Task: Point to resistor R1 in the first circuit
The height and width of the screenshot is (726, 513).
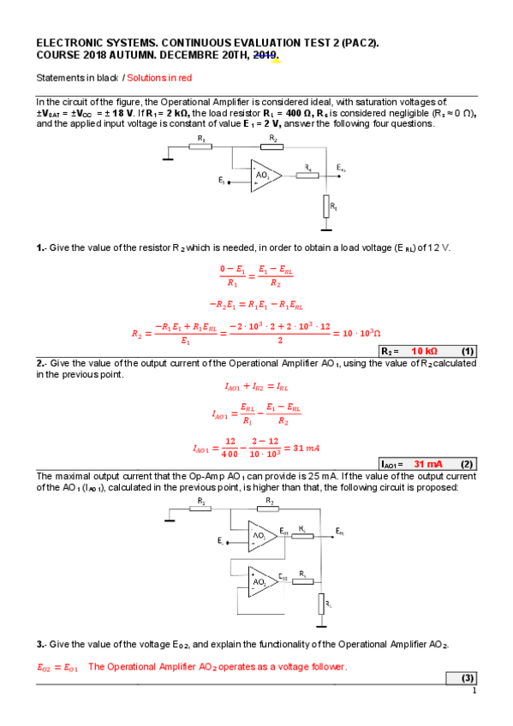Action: pos(200,146)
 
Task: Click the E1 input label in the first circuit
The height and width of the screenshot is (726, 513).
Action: pos(222,181)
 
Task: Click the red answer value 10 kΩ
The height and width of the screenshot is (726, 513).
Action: pos(425,351)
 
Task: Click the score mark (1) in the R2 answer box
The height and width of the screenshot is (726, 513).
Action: pos(467,351)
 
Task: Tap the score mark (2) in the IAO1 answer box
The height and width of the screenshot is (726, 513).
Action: pos(467,463)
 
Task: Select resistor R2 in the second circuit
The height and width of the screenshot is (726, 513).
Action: pos(270,508)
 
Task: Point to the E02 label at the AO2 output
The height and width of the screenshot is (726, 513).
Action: pos(284,577)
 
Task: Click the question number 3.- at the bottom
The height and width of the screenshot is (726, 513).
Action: pos(41,644)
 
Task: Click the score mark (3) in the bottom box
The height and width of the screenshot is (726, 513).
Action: pos(468,679)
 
